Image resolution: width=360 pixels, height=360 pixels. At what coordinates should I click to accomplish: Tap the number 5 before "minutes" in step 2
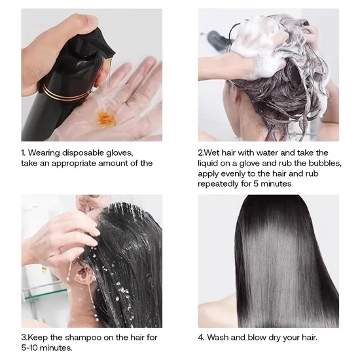pyautogui.click(x=256, y=184)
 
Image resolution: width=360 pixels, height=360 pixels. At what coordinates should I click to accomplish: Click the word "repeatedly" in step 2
pyautogui.click(x=218, y=184)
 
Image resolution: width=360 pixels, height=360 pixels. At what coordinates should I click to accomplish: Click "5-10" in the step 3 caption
pyautogui.click(x=29, y=348)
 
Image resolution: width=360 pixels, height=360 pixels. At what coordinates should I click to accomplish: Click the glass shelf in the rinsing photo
pyautogui.click(x=45, y=295)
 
